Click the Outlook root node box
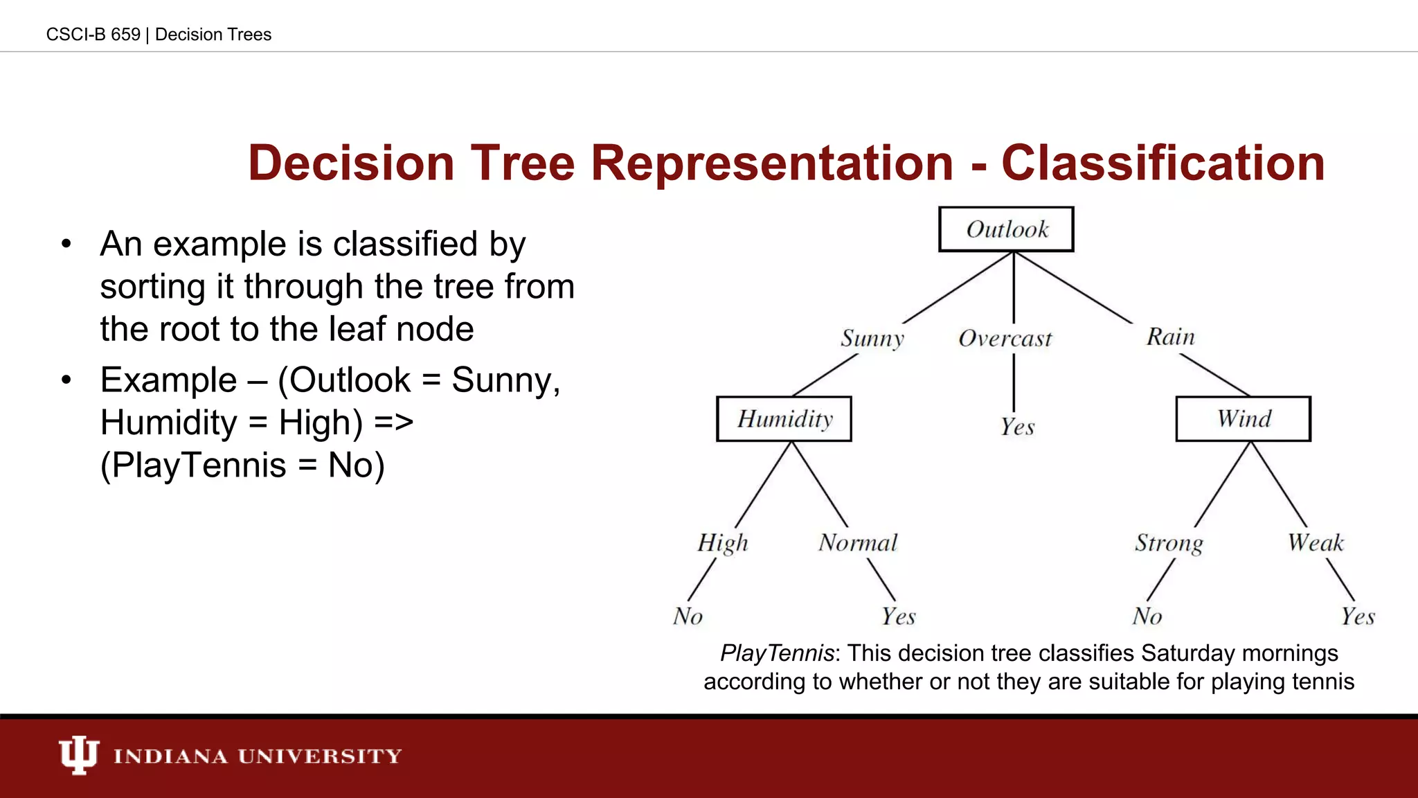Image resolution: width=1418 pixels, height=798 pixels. (1006, 229)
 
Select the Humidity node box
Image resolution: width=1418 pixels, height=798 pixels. (784, 419)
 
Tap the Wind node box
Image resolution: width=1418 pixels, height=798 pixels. (1243, 419)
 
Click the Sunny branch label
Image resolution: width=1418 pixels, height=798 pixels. (872, 339)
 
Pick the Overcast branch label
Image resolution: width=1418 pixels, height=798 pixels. (1005, 339)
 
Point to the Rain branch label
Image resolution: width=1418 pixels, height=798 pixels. (1170, 337)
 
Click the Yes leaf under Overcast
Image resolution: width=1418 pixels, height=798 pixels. (1017, 427)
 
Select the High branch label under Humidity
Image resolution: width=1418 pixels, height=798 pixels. (723, 543)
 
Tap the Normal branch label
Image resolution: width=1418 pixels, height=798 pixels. (858, 543)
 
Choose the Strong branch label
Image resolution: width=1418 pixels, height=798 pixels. (1169, 543)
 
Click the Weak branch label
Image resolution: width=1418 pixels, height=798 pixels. (1316, 543)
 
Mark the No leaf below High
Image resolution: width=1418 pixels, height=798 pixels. (688, 617)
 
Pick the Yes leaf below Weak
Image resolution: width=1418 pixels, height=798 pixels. (1358, 617)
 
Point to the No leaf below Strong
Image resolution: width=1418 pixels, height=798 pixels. (1147, 617)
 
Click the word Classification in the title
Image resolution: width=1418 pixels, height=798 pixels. (1163, 163)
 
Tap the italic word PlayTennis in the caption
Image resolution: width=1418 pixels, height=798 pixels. (776, 653)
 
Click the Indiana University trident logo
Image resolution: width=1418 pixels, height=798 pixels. (78, 755)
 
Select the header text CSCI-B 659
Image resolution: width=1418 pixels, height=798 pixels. (93, 35)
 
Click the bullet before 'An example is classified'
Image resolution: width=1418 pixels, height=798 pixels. (66, 245)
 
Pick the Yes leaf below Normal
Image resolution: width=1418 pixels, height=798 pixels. (898, 617)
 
